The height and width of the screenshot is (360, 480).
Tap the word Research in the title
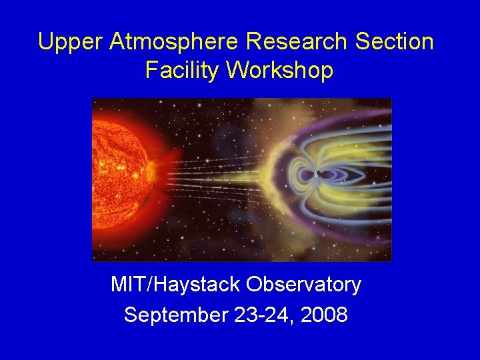[x=297, y=42]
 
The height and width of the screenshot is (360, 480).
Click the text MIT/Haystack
[x=175, y=285]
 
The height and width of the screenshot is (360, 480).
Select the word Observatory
[x=303, y=285]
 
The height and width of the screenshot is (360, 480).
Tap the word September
[x=176, y=315]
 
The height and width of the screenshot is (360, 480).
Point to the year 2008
[x=324, y=315]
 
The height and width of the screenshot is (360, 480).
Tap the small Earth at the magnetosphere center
[x=317, y=175]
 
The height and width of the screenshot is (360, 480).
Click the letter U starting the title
[x=46, y=42]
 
